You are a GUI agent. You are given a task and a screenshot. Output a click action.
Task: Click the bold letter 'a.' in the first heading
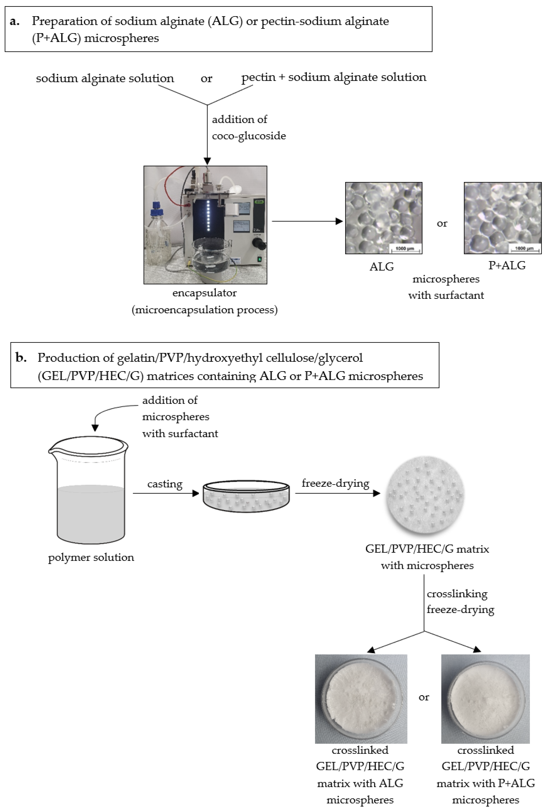tap(15, 21)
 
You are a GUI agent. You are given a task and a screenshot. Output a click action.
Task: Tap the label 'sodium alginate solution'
tap(105, 78)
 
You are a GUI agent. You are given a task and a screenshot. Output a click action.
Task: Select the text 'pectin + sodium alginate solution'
tap(334, 77)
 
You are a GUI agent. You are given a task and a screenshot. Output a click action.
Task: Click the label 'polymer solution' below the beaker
tap(91, 557)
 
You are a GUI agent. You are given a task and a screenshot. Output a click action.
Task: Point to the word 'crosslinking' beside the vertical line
tap(457, 594)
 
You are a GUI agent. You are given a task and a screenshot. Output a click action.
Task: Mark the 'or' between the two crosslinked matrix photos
tap(424, 697)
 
